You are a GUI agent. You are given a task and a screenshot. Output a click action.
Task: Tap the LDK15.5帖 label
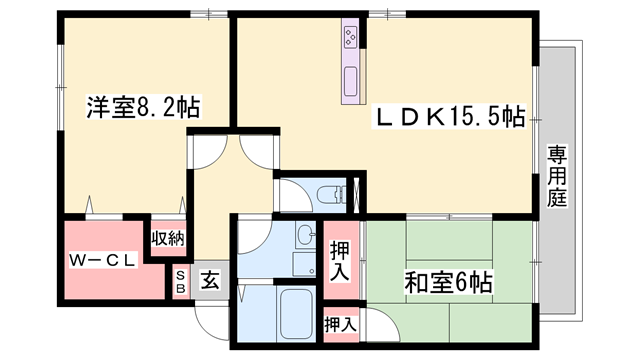[x=451, y=116]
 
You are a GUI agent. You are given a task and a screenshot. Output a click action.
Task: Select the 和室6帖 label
[x=448, y=281]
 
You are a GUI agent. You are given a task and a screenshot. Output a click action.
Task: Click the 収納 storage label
[x=167, y=238]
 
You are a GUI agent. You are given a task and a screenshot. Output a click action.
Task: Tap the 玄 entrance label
[x=211, y=280]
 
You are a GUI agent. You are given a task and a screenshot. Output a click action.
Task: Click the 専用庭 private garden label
[x=557, y=176]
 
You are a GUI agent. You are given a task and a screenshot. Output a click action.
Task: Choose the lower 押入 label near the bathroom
[x=340, y=323]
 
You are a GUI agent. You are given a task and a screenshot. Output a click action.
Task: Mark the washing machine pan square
[x=304, y=263]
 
